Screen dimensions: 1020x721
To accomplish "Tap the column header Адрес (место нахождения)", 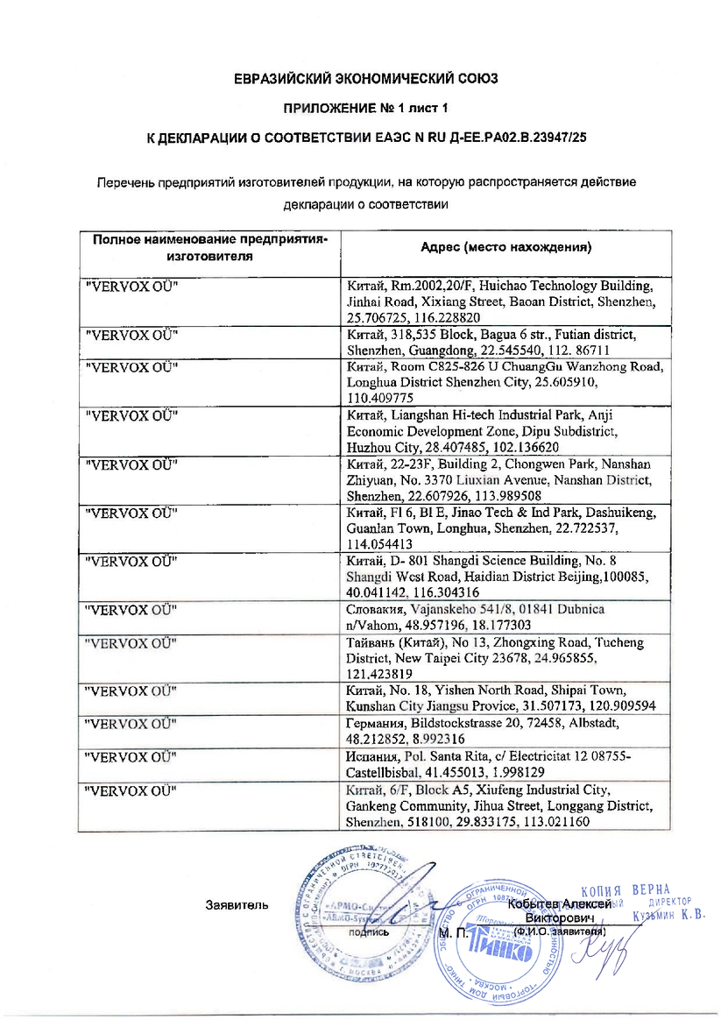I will point(505,247).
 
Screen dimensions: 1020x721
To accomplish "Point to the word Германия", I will point(375,724).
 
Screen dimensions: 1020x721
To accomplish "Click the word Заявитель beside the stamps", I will point(237,903).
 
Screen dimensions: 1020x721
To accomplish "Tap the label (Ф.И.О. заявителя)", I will point(561,931).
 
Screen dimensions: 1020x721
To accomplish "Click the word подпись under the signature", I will point(369,932).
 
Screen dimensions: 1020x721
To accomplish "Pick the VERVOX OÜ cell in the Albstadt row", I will point(131,724).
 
